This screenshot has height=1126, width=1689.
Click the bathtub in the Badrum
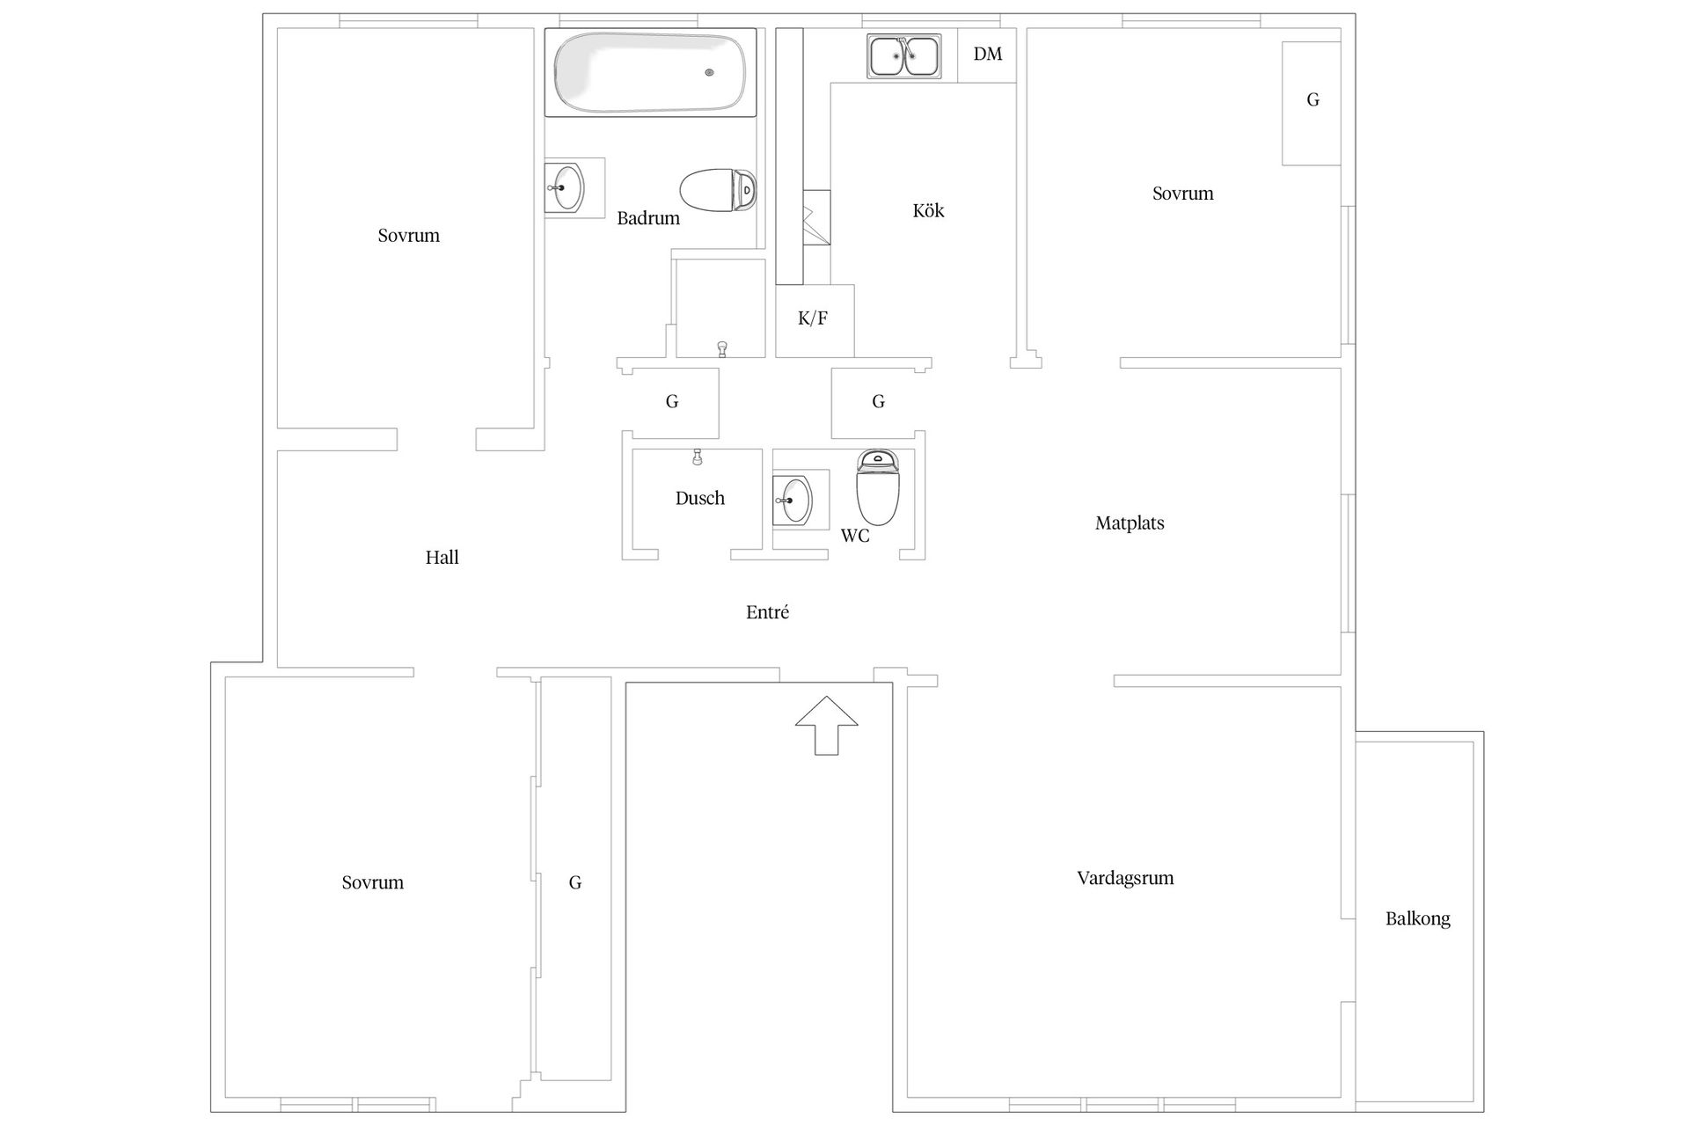click(650, 72)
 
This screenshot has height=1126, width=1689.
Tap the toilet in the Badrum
click(718, 190)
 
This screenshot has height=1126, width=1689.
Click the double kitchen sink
click(903, 56)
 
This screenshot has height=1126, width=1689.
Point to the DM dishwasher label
click(988, 55)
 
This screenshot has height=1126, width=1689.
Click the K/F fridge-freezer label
click(813, 318)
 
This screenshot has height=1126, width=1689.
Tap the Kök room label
click(928, 210)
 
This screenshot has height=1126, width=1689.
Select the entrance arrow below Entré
click(826, 726)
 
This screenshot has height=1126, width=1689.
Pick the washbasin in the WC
click(794, 501)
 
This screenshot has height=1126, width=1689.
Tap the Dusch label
click(700, 498)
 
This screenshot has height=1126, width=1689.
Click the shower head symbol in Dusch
click(698, 457)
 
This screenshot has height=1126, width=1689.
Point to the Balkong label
click(1417, 919)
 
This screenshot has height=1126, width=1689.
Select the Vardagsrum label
click(1125, 878)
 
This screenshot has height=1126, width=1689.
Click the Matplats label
click(1130, 523)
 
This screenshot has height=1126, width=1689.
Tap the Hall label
click(442, 557)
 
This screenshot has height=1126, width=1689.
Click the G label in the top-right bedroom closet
click(1312, 99)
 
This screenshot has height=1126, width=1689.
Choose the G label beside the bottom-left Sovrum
click(574, 882)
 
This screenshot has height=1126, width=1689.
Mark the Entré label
click(767, 612)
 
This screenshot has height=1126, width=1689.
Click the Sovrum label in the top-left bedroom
click(408, 235)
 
